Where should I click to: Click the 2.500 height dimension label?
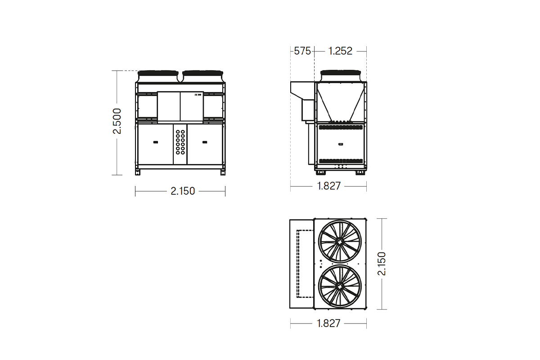(x=117, y=121)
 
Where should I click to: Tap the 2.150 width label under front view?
(x=183, y=191)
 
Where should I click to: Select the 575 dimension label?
(x=302, y=51)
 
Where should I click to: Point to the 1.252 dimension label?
(x=340, y=51)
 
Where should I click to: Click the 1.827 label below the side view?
(x=328, y=186)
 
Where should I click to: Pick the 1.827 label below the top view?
(x=328, y=324)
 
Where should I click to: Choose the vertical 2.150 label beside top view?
(x=382, y=264)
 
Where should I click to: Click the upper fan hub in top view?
(x=340, y=241)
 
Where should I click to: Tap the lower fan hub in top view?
(x=340, y=286)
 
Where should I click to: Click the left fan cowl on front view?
(x=158, y=76)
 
